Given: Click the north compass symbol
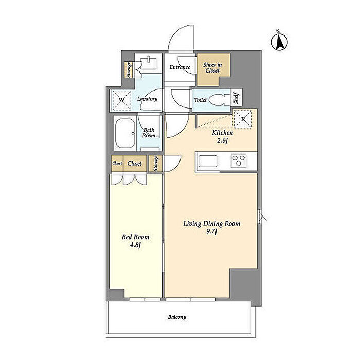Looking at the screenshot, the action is pos(279,42).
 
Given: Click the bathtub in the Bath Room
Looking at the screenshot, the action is pos(125,133).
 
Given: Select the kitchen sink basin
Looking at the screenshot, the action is pos(208,161).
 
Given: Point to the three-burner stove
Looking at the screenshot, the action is pos(239,160).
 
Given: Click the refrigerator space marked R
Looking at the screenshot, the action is pos(243,119).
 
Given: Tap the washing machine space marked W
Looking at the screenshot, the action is pos(122,100).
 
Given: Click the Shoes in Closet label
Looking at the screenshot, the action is pos(212,68).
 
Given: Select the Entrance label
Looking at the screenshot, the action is pos(180,67).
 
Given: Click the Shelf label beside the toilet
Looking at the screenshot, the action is pos(236,98).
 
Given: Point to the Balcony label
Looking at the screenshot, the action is pos(177,317).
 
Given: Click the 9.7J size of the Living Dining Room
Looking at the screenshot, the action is pos(211,231).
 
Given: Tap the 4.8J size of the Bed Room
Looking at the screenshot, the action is pos(135,245).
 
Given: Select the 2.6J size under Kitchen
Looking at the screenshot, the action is pos(222,140).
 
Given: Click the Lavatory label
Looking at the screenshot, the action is pos(148,99).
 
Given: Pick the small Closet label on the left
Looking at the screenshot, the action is pos(117,163).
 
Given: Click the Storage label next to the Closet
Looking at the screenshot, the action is pos(156,163).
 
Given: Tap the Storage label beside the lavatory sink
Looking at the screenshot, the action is pos(129,69).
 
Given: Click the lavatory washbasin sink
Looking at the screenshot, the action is pos(149,64).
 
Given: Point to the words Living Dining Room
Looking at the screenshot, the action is pos(212,224).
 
